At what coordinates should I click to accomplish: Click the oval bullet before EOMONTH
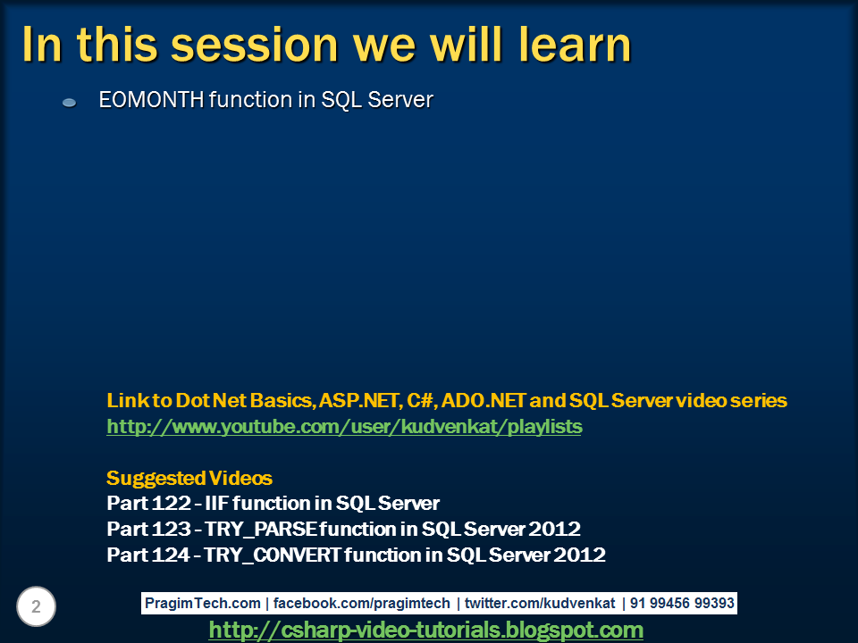coord(69,104)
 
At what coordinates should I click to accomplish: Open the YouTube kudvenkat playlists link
coord(344,427)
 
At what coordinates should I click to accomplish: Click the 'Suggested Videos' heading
coord(189,478)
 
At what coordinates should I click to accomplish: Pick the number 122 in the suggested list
coord(170,503)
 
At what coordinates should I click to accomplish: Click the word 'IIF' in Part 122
coord(217,503)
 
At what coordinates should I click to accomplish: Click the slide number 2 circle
coord(36,607)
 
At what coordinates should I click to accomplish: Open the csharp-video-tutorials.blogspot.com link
coord(425,630)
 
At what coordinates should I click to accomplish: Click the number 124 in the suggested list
coord(170,555)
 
